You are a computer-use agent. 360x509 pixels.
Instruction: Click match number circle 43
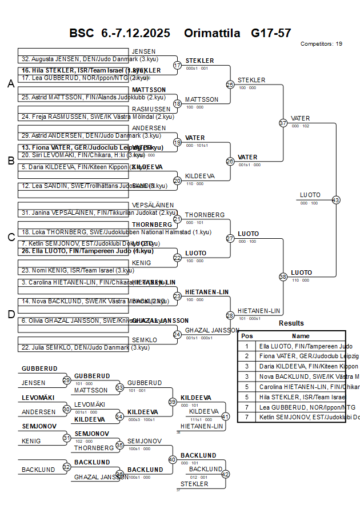click(x=335, y=200)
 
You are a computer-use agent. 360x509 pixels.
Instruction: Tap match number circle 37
click(x=283, y=123)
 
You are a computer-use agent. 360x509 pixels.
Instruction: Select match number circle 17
click(x=177, y=65)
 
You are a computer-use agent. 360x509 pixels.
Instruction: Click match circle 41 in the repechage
click(x=225, y=416)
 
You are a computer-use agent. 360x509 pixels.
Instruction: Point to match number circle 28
click(x=230, y=315)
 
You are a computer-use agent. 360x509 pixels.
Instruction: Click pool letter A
click(x=10, y=84)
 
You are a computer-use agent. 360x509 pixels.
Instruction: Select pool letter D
click(x=10, y=314)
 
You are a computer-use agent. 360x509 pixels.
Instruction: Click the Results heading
click(x=291, y=323)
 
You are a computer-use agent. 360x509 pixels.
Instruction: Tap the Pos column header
click(x=247, y=336)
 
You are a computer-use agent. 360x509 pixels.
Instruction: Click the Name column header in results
click(x=301, y=336)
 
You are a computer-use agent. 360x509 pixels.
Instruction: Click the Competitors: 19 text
click(x=321, y=43)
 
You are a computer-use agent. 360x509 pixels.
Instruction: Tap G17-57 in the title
click(x=271, y=33)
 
